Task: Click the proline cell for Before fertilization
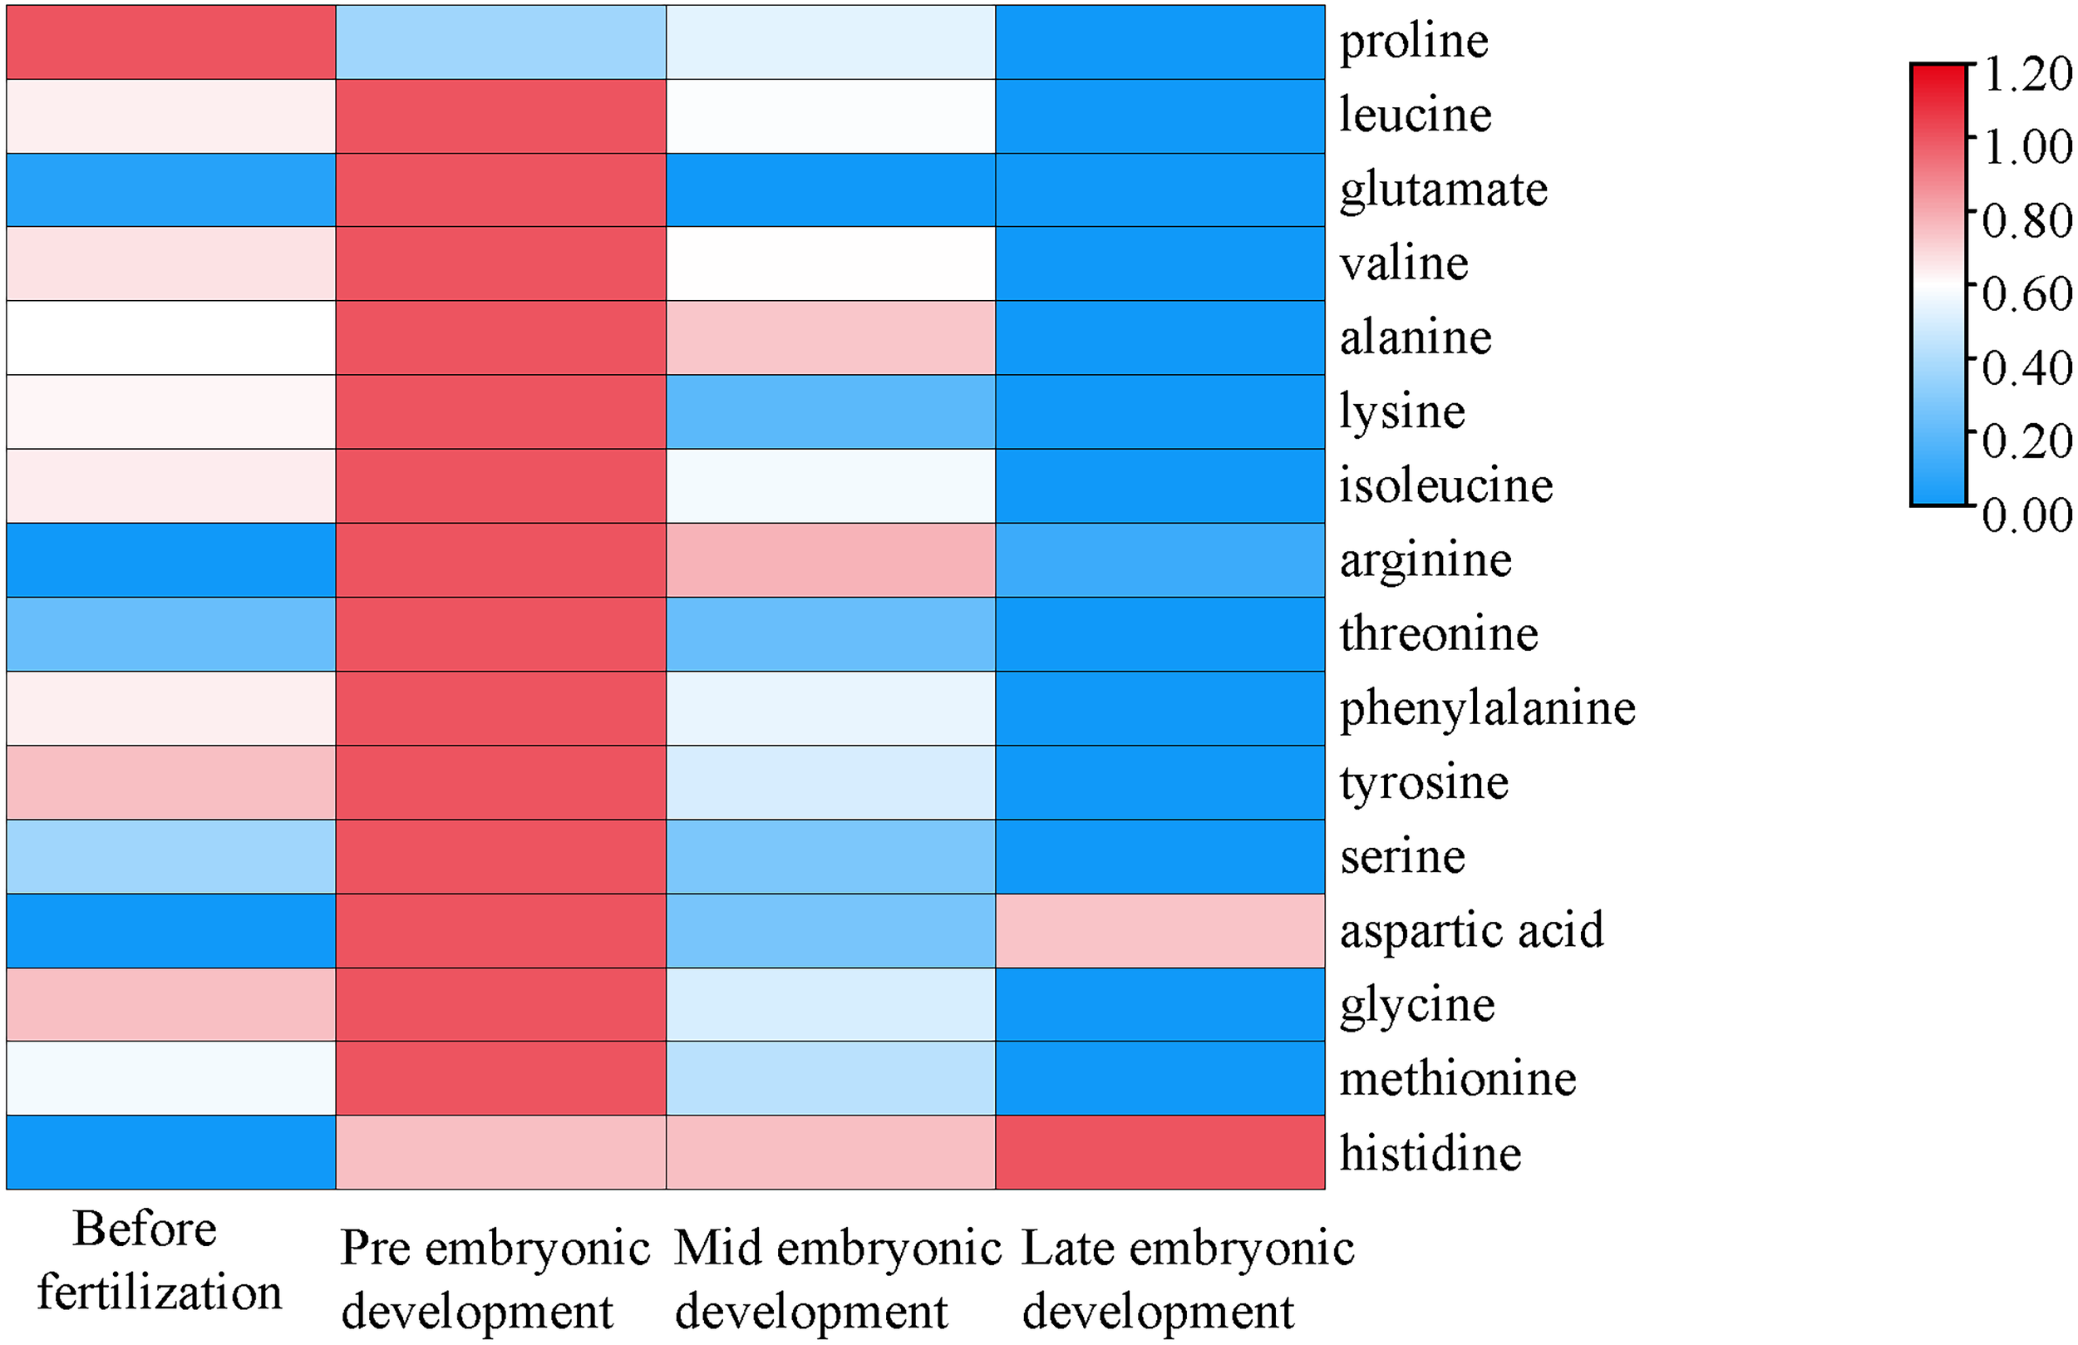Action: point(171,42)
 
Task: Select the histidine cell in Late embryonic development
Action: point(1160,1152)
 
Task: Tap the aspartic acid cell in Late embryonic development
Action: point(1160,930)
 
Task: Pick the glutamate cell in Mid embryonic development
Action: point(830,190)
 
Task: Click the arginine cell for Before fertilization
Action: point(171,559)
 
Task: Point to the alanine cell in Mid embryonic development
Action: point(830,338)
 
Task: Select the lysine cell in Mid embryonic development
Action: point(830,411)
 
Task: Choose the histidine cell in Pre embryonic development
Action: point(501,1152)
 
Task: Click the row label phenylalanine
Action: point(1487,708)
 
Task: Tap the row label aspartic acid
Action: point(1471,930)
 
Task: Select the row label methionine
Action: point(1457,1079)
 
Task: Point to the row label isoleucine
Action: point(1445,485)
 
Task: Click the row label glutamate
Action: point(1443,190)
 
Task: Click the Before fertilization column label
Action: point(159,1260)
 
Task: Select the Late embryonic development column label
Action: point(1188,1279)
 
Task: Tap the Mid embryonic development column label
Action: point(836,1279)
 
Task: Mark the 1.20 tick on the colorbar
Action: point(2026,73)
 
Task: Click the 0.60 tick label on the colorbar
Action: point(2026,293)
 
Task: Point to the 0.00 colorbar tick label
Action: point(2026,515)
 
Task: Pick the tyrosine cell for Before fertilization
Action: point(171,781)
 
